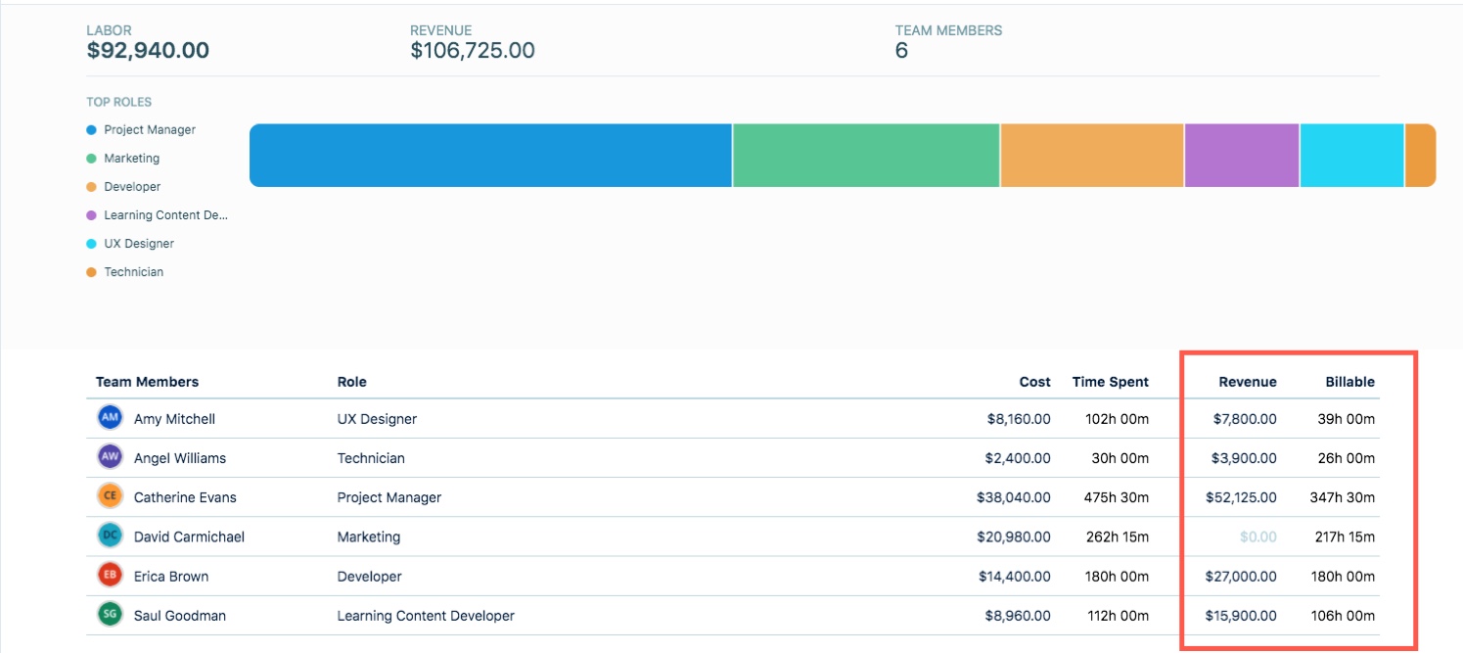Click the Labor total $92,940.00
148,51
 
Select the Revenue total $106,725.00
472,51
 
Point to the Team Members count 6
901,51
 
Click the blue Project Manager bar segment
490,155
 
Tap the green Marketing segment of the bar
865,155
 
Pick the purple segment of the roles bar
1241,155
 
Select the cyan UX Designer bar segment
1350,155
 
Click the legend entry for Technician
133,272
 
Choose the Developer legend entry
132,187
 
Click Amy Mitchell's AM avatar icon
111,418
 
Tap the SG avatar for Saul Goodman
111,615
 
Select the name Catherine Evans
185,497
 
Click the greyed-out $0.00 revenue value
1257,537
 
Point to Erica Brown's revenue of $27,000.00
1241,577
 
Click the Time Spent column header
1110,382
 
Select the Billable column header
1349,382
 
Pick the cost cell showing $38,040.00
1013,497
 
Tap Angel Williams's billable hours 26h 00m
1346,458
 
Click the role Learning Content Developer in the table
426,616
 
